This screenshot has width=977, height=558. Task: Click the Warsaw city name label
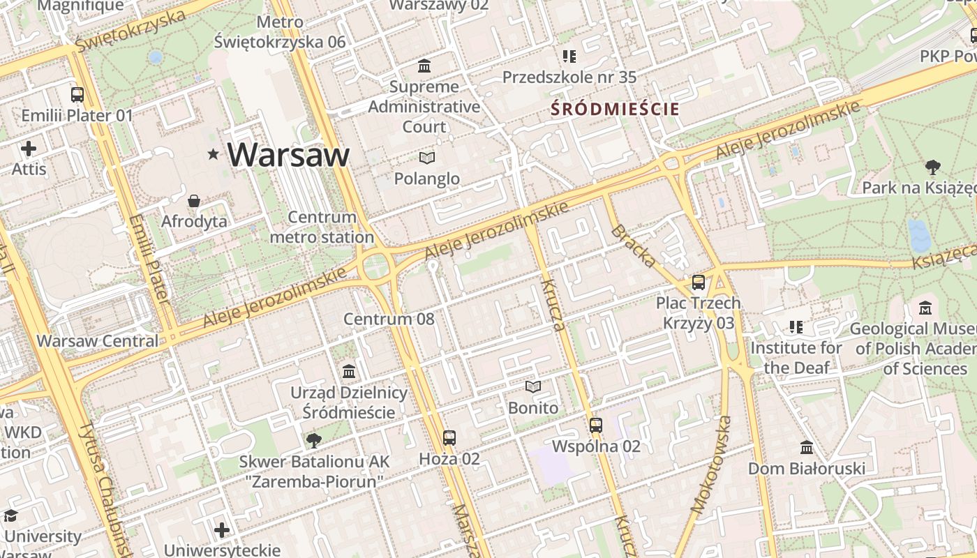coord(288,155)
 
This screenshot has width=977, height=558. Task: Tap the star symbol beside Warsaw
coord(214,154)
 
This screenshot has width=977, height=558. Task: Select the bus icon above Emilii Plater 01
coord(77,94)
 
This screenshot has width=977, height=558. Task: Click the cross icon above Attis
coord(29,149)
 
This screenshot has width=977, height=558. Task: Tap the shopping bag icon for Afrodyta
coord(194,201)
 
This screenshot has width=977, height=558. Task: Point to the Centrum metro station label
coord(322,227)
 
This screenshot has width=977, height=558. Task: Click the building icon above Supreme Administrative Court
coord(424,66)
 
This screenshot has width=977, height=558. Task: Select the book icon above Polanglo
coord(427,158)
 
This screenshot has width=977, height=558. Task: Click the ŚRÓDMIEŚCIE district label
coord(614,109)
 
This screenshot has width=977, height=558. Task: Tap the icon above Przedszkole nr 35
coord(569,56)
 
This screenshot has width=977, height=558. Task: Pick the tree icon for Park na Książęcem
coord(932,167)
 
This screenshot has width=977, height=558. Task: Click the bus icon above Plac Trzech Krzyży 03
coord(699,282)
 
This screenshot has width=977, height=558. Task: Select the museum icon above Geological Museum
coord(925,308)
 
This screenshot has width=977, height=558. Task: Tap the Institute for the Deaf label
coord(796,357)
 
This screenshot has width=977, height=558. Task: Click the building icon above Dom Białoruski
coord(807,447)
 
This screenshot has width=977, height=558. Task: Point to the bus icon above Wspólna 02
coord(595,425)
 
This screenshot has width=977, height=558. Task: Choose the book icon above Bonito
coord(533,386)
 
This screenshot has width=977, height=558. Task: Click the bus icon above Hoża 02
coord(449,437)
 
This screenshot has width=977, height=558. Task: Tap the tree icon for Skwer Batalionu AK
coord(314,440)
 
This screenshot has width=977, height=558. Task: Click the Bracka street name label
coord(634,246)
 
